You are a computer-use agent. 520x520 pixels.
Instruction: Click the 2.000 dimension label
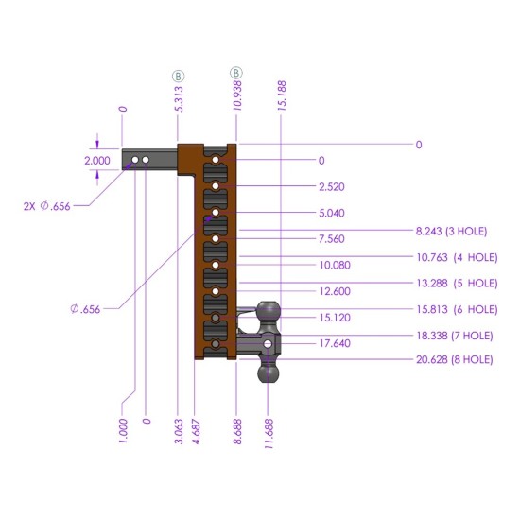pos(97,161)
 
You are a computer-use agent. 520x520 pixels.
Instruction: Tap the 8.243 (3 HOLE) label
pos(456,230)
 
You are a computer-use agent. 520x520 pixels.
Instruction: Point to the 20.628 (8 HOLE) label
pos(457,361)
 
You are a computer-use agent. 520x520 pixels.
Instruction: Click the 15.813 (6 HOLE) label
pos(457,309)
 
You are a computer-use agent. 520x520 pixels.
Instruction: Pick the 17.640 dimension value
pos(334,343)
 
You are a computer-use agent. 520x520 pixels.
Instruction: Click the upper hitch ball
pos(269,311)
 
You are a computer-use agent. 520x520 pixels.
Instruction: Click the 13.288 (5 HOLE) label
pos(457,283)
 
